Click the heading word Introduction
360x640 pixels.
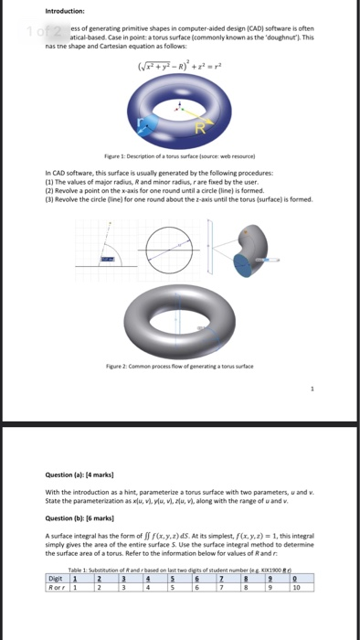(x=67, y=12)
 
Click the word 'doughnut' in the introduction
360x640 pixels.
(x=284, y=36)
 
